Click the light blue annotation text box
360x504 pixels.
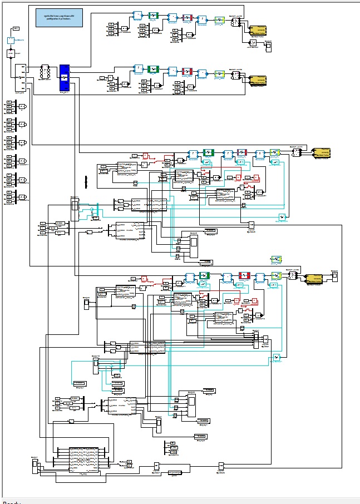coord(58,18)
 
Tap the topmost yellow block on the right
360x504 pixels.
coord(257,30)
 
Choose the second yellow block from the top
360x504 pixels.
coord(257,80)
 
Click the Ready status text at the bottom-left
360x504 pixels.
coord(11,502)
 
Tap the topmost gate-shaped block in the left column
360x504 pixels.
coord(23,106)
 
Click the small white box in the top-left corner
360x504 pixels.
coord(16,28)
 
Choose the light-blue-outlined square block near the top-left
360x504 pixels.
coord(11,40)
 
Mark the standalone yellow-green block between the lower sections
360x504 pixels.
coord(276,259)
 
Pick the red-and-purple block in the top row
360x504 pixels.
coord(187,18)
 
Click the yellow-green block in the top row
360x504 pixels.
coord(219,20)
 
